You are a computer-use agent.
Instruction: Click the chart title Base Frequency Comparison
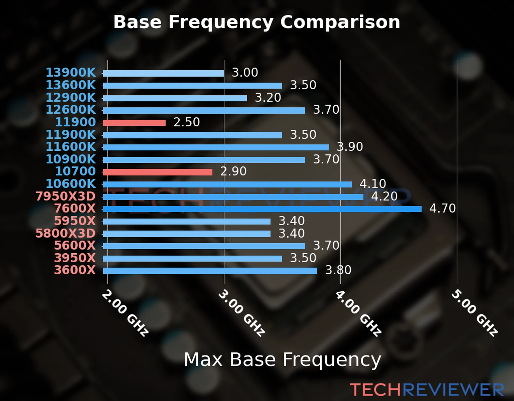tap(257, 22)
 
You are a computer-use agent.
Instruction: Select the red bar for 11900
tap(134, 123)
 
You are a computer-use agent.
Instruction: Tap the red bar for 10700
tap(157, 172)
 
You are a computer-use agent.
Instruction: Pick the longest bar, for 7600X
tap(262, 209)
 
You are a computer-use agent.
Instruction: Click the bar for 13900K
tap(163, 74)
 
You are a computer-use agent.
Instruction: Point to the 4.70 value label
tap(442, 209)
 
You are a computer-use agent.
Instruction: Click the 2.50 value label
tap(186, 122)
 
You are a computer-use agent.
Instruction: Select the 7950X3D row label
tap(66, 196)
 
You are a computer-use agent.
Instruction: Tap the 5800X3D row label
tap(66, 233)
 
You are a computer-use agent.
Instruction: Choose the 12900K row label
tap(71, 98)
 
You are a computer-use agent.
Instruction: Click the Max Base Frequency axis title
tap(282, 360)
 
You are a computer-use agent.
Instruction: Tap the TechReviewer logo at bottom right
tap(427, 390)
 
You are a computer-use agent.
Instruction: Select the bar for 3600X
tap(210, 271)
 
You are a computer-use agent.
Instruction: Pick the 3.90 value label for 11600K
tap(350, 147)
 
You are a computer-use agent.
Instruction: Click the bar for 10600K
tap(227, 184)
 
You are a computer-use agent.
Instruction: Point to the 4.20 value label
tap(384, 196)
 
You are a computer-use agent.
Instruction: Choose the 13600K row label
tap(71, 85)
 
